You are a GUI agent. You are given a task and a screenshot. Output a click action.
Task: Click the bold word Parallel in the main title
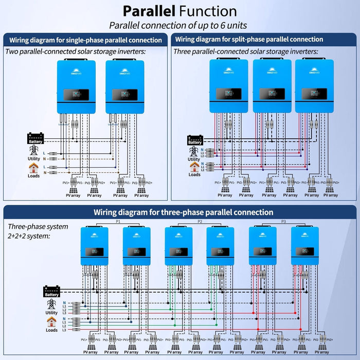tap(153, 11)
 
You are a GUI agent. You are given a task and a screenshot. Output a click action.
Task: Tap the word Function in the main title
tap(211, 11)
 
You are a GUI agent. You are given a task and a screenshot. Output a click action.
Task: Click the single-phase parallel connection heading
tap(86, 39)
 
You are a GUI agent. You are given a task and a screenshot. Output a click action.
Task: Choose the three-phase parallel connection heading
tap(183, 212)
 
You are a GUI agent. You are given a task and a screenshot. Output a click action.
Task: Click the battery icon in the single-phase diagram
tap(35, 138)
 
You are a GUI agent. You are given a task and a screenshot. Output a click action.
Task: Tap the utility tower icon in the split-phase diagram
tap(194, 151)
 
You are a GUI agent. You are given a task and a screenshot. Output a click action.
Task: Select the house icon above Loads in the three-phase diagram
tap(52, 322)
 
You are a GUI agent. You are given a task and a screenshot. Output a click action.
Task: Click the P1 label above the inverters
tap(118, 221)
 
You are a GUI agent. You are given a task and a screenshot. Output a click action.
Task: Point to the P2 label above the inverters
tap(200, 221)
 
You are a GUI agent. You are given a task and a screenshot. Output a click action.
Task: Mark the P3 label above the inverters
tap(283, 221)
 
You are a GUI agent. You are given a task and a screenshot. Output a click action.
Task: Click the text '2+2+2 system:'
tap(29, 236)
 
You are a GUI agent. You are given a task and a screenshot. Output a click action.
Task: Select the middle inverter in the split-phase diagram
tap(272, 86)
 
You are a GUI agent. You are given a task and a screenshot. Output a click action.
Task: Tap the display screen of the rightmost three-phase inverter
tap(305, 251)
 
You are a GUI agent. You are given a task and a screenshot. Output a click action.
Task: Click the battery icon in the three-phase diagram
tap(51, 291)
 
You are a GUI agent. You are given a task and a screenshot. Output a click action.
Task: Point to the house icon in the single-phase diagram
tap(33, 167)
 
